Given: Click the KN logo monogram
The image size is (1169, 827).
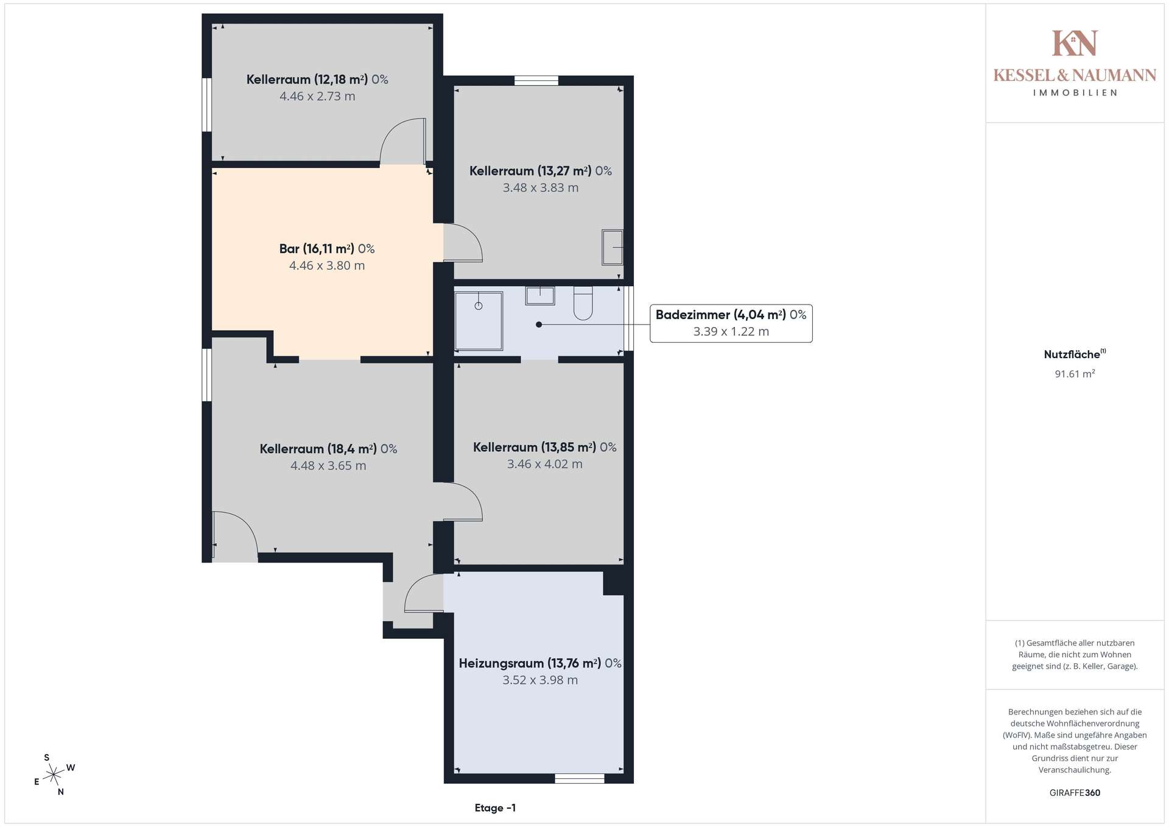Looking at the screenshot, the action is tap(1075, 43).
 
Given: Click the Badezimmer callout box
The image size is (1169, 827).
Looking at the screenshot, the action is tap(731, 323).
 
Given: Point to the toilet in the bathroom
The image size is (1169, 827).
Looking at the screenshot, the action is tap(583, 303).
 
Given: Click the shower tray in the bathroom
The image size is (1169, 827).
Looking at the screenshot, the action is tap(479, 321).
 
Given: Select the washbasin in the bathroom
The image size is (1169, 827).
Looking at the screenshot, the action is tap(540, 295).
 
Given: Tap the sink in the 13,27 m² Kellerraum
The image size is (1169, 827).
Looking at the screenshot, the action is tap(613, 247).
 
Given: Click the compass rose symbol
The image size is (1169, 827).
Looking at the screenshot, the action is tap(54, 775).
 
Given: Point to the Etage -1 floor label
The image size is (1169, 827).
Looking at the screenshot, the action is tap(495, 808).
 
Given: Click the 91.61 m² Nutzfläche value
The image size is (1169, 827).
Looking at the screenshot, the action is tap(1075, 374).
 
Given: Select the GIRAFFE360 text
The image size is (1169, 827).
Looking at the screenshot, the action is tap(1075, 793).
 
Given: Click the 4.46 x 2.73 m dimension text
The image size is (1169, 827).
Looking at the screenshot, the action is tap(317, 96).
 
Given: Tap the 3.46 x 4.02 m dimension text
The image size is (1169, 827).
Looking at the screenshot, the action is tap(545, 464).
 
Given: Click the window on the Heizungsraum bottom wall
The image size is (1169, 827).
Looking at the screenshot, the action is tap(580, 778).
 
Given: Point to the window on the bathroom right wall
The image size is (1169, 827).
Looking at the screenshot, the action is tap(629, 318).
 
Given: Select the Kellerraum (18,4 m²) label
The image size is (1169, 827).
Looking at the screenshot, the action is tap(328, 449).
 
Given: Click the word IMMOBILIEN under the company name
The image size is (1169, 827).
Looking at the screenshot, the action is tap(1075, 93).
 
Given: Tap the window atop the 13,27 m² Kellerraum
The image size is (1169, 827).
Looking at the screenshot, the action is tap(536, 80).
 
